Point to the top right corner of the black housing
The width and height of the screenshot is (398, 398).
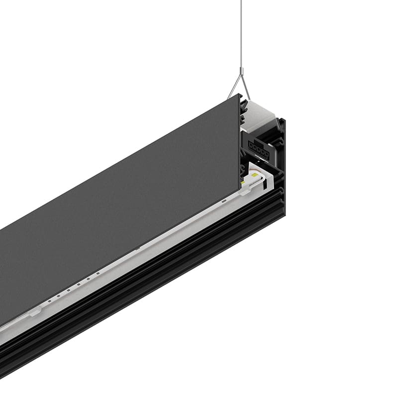284,119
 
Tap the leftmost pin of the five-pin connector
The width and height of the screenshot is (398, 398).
250,146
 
